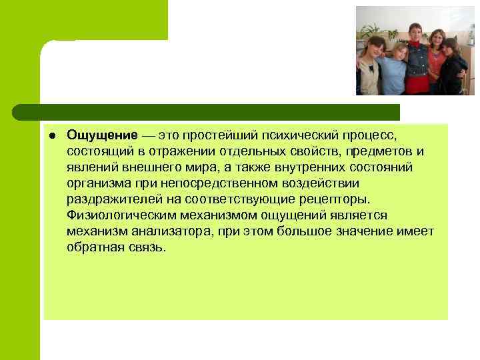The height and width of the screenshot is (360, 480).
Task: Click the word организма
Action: (x=96, y=183)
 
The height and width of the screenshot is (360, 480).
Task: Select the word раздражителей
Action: (x=107, y=199)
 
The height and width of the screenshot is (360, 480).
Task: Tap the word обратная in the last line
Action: (x=93, y=247)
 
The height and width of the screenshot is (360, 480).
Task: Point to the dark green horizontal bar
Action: (x=207, y=112)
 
